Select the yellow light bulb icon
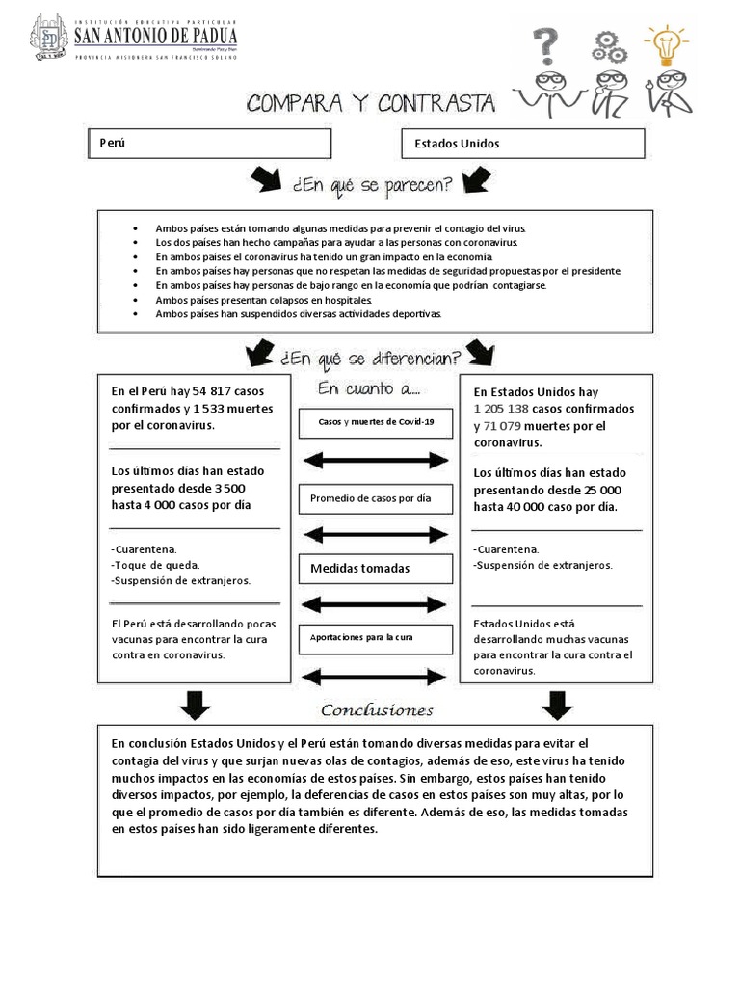(x=666, y=43)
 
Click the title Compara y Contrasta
(x=371, y=103)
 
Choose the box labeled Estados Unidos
(x=522, y=144)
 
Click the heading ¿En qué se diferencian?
(x=370, y=358)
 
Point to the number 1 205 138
(x=502, y=410)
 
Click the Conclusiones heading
(x=377, y=710)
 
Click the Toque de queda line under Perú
(x=156, y=565)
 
